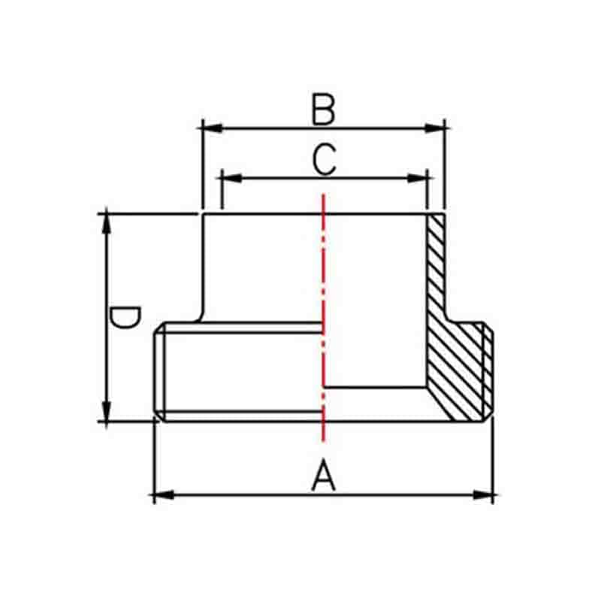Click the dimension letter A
coord(323,476)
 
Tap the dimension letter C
coord(324,160)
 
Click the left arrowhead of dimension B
coord(211,128)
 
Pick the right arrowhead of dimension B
coord(437,128)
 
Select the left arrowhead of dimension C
coord(230,178)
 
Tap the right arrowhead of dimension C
coord(418,178)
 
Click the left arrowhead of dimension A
coord(162,494)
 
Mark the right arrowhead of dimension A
coord(485,494)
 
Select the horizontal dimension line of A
coord(248,494)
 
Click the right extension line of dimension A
coord(493,458)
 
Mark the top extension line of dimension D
coord(150,213)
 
